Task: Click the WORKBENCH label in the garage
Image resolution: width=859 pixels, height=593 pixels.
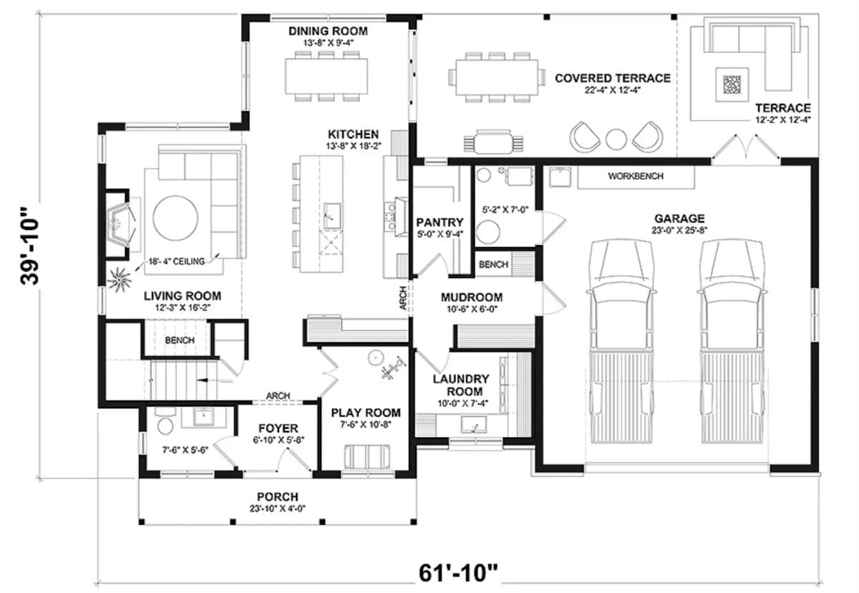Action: point(635,175)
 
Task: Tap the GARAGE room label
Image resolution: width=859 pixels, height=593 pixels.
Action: point(679,218)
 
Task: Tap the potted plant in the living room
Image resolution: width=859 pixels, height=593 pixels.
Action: point(117,276)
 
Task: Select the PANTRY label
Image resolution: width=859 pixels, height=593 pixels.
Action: point(440,223)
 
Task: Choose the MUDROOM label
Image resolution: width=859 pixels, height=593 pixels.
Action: point(471,297)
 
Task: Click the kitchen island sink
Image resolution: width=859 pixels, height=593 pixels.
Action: point(331,213)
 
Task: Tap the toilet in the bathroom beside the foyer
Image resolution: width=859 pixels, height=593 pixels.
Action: point(165,428)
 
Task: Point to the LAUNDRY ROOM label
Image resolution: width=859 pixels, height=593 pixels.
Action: point(461,385)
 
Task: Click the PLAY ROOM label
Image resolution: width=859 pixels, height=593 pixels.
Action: point(365,413)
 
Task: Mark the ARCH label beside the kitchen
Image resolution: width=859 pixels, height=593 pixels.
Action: point(403,298)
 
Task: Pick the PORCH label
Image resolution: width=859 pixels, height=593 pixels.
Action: point(278,497)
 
